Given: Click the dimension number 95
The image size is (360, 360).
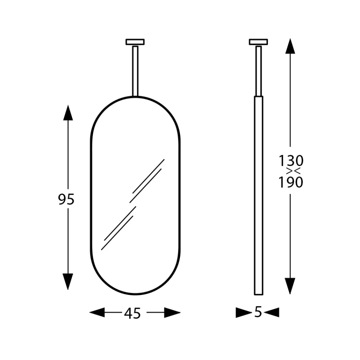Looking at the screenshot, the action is pyautogui.click(x=66, y=199).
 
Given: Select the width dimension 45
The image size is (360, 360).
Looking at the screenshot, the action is pyautogui.click(x=132, y=313).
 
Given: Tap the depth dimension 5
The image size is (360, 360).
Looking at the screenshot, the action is pyautogui.click(x=258, y=312).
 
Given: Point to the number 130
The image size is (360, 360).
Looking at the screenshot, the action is pyautogui.click(x=291, y=161).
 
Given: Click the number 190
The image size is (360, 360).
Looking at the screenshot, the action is pyautogui.click(x=291, y=182).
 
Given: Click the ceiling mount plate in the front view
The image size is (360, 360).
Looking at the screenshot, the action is pyautogui.click(x=135, y=42).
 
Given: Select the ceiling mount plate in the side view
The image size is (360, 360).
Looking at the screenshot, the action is pyautogui.click(x=258, y=42).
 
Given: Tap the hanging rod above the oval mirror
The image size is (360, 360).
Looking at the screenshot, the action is pyautogui.click(x=135, y=71).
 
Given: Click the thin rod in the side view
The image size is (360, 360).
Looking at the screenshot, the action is pyautogui.click(x=258, y=71).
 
